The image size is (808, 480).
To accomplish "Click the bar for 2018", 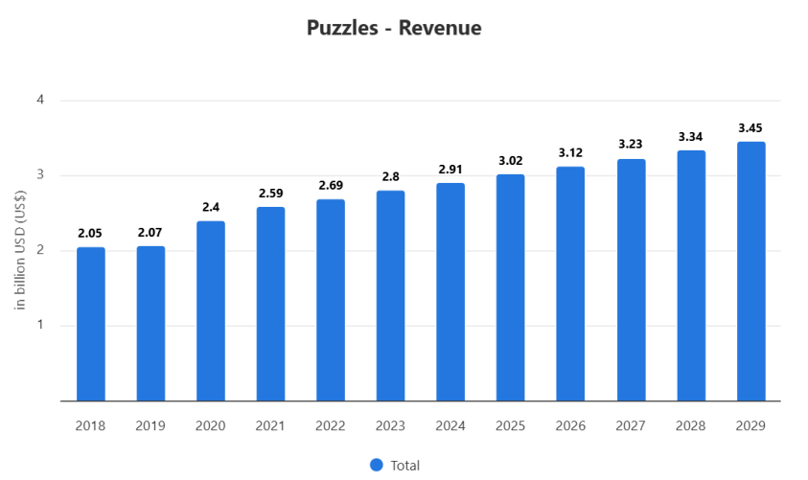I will click(x=91, y=324).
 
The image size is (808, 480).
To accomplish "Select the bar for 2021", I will click(x=270, y=304).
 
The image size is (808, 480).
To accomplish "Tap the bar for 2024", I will click(x=450, y=291).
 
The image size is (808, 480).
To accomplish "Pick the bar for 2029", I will click(x=750, y=271).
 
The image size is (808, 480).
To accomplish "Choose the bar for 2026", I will click(x=570, y=284).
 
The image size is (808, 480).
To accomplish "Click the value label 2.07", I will click(x=150, y=231).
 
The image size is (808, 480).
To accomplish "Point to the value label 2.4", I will click(x=211, y=206).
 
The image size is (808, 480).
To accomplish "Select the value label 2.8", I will click(x=390, y=176).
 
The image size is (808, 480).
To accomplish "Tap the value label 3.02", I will click(x=510, y=159).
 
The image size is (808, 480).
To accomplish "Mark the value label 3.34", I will click(x=690, y=136).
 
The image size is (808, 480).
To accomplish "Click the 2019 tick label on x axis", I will click(x=150, y=425).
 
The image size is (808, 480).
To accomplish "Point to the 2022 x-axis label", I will click(x=331, y=425).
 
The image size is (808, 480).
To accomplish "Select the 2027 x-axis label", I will click(x=631, y=425).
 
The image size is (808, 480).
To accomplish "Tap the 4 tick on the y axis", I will click(x=41, y=101).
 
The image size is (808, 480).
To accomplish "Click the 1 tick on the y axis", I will click(x=41, y=326).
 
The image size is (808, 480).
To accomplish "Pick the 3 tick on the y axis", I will click(x=41, y=175).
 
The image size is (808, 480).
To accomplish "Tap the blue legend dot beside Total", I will click(x=376, y=465).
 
